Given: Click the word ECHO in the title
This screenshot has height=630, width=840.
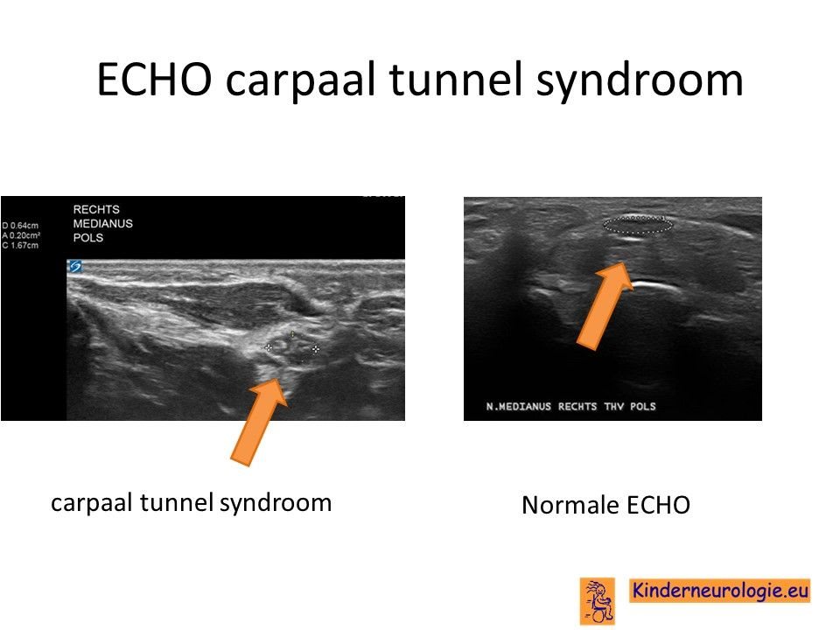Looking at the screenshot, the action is point(154,80).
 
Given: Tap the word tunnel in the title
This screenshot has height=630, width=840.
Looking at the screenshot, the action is point(455,79).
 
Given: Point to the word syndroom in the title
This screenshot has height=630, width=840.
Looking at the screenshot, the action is point(639,81).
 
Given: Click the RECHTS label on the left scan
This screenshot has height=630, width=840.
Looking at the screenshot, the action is point(96,209).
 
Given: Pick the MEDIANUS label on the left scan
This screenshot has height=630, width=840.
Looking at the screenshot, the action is point(103,223).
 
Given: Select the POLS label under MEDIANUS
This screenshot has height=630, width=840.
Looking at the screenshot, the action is point(88,237).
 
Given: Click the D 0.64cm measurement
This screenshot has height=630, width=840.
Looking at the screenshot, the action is point(20,226).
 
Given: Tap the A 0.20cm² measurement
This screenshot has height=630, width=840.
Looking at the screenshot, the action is point(21,235).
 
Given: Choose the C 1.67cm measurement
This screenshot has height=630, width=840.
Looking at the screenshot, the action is point(20,245).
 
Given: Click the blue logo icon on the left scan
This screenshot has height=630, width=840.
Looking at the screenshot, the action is point(75,266).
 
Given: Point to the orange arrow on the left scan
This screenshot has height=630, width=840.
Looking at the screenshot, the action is point(259,421).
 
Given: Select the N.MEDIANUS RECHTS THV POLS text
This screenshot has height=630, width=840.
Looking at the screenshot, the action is point(571,407).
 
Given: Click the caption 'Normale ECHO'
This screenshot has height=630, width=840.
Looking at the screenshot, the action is point(605,505).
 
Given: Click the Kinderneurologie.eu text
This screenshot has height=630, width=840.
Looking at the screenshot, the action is point(720,591).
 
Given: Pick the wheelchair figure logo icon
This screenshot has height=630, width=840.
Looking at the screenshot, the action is point(598,601).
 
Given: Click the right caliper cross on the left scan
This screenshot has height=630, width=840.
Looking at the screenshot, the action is point(316,349).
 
